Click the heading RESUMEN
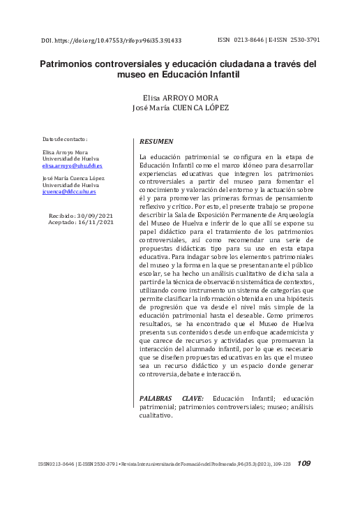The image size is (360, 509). click(x=156, y=141)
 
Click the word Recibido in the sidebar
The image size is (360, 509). click(x=63, y=217)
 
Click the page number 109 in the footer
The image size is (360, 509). click(x=304, y=463)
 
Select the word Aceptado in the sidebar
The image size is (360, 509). click(x=63, y=223)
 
